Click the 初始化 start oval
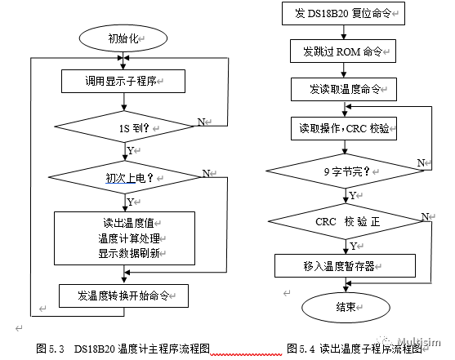[x=123, y=38]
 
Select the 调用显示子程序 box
[x=123, y=82]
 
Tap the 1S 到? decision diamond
[x=124, y=127]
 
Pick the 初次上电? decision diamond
[x=125, y=177]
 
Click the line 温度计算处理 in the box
[x=129, y=238]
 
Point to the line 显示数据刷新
[x=129, y=253]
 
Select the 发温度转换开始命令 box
[x=123, y=296]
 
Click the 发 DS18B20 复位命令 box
[x=343, y=13]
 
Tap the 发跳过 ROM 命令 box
[x=343, y=51]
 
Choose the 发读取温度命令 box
[x=344, y=89]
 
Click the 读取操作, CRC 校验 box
[x=344, y=128]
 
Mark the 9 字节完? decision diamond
[x=346, y=171]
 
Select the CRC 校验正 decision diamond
[x=346, y=221]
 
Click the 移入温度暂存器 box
[x=345, y=266]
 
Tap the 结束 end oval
[x=346, y=307]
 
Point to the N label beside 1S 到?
[x=201, y=122]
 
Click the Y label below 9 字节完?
[x=353, y=196]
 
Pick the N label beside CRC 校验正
[x=425, y=216]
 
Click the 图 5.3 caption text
[x=123, y=349]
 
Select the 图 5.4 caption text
[x=355, y=349]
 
